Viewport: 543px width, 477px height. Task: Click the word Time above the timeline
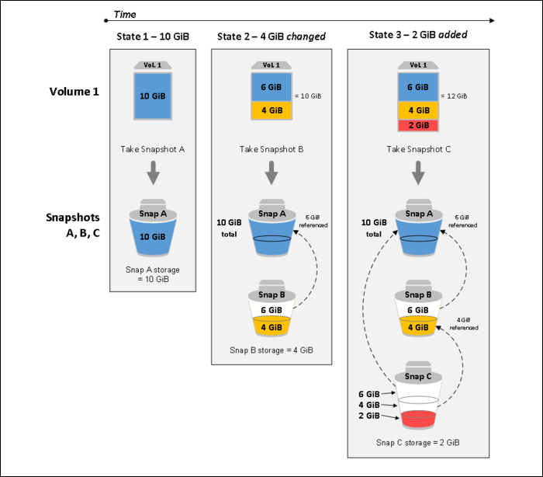pos(125,14)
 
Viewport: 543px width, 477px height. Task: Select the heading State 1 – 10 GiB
pos(153,37)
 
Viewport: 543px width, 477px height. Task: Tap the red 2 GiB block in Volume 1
pos(418,125)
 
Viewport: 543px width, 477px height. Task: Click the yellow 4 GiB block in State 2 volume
pos(271,110)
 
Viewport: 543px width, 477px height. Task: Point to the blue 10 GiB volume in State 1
pos(153,96)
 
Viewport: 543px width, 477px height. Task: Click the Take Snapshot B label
pos(271,149)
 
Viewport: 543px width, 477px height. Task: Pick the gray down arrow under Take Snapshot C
pos(418,172)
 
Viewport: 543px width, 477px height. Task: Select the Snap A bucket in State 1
pos(153,228)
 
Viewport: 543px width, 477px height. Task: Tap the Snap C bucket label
pos(418,377)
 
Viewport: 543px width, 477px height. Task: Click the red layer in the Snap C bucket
pos(418,419)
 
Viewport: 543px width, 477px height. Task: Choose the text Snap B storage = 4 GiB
pos(271,350)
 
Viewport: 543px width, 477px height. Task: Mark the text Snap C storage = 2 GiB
pos(418,443)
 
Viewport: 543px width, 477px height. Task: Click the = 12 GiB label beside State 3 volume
pos(454,96)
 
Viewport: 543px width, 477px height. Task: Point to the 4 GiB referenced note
pos(464,324)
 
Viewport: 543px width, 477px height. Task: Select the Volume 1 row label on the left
pos(74,92)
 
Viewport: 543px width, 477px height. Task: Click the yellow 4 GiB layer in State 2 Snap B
pos(271,327)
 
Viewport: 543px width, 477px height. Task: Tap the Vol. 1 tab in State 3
pos(418,65)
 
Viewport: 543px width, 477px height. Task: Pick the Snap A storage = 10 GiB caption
pos(153,274)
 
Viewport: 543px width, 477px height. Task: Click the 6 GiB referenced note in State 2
pos(313,221)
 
